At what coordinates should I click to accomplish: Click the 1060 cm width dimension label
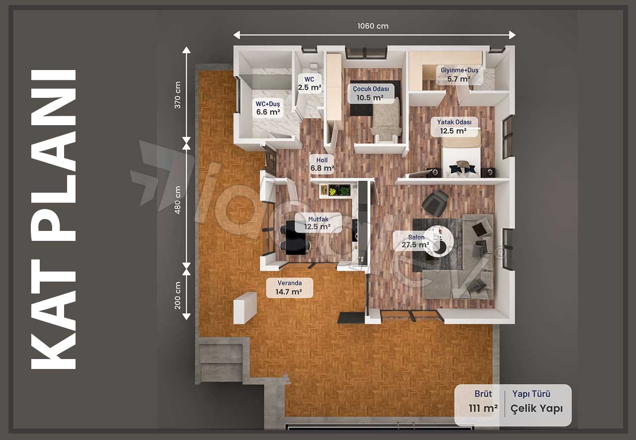[373, 26]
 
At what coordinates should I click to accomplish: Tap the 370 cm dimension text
[177, 95]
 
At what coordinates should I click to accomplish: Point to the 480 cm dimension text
[177, 200]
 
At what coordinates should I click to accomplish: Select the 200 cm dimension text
[177, 295]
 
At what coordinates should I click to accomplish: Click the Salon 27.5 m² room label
[416, 241]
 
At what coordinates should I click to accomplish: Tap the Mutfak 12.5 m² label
[318, 223]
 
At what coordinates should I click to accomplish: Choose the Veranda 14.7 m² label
[289, 288]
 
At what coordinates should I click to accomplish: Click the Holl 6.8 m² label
[322, 164]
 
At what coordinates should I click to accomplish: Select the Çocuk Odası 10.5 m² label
[371, 93]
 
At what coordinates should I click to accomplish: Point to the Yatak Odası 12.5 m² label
[454, 127]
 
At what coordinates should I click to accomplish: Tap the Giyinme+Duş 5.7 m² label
[459, 74]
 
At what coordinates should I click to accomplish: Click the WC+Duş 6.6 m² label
[268, 108]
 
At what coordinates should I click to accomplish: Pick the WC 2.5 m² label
[309, 83]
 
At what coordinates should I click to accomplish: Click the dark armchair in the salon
[434, 203]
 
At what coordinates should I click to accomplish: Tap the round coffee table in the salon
[439, 241]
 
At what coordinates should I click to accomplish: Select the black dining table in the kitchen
[293, 237]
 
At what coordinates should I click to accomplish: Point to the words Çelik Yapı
[536, 409]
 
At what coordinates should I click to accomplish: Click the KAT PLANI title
[53, 219]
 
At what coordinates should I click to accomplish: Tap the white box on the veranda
[245, 308]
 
